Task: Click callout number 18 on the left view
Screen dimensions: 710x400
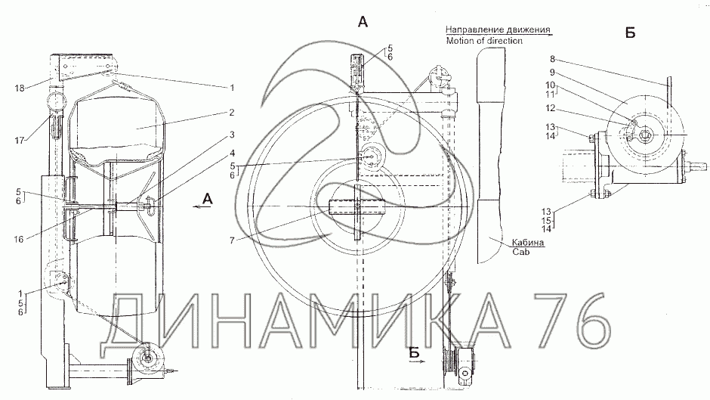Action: tap(20, 88)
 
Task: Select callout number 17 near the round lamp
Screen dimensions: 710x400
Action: tap(20, 141)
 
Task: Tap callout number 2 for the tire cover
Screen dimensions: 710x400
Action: tap(231, 112)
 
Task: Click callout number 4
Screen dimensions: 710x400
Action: tap(232, 153)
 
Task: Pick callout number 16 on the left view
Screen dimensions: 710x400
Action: tap(19, 239)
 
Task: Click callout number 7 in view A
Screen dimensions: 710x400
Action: tap(232, 240)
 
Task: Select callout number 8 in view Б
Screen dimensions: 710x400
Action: tap(552, 59)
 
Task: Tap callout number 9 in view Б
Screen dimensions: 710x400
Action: tap(552, 73)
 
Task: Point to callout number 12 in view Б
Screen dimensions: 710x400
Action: tap(550, 108)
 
